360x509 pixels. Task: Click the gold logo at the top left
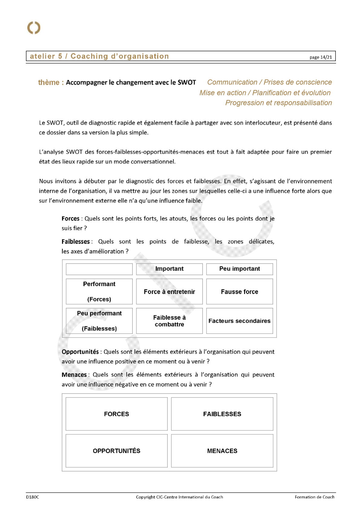(x=34, y=28)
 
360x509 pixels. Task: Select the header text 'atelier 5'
(x=46, y=56)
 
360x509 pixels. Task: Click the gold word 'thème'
(x=49, y=83)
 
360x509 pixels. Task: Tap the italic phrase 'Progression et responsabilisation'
(x=278, y=103)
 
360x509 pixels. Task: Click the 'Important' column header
(x=169, y=269)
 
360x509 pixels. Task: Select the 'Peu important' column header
(x=240, y=269)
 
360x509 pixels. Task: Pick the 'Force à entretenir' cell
(x=169, y=292)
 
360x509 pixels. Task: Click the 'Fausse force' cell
(x=240, y=292)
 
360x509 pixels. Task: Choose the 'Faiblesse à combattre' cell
(x=169, y=321)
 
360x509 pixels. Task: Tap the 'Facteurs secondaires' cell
(x=240, y=321)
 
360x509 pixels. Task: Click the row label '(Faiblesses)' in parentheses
(x=99, y=328)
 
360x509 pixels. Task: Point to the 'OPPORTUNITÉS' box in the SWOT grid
(x=116, y=451)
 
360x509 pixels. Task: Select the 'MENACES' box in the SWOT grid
(x=222, y=451)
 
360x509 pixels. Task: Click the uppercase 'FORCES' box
(x=116, y=414)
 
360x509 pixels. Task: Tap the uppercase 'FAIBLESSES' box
(x=222, y=414)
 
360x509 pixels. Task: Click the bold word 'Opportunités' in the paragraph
(x=80, y=352)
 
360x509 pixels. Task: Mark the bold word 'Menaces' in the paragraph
(x=74, y=375)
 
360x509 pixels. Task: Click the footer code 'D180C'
(x=32, y=497)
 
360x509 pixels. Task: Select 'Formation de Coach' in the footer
(x=315, y=497)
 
